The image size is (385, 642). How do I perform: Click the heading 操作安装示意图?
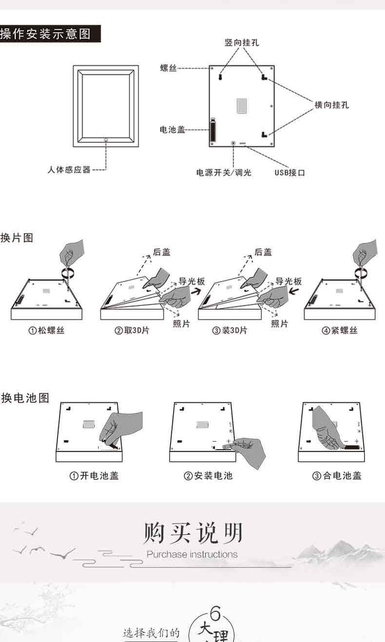tap(46, 35)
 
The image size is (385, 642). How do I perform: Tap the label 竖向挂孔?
tap(242, 43)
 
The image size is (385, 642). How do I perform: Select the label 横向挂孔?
tap(332, 105)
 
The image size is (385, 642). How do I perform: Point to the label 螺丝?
tap(168, 69)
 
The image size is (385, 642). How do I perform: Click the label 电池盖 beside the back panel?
tap(173, 130)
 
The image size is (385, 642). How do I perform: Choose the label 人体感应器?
tap(69, 170)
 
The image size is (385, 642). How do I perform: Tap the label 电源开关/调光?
tap(224, 172)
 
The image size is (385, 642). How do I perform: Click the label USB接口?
tap(289, 173)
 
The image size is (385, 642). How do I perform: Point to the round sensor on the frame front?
tap(106, 140)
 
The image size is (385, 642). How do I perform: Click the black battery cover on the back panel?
tap(212, 131)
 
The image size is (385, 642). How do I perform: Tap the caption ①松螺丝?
tap(46, 331)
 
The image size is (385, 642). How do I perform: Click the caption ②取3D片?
tap(132, 331)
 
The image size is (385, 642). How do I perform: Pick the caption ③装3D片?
tap(230, 331)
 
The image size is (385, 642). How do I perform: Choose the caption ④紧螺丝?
tap(340, 331)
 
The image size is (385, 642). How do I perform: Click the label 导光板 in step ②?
tap(192, 282)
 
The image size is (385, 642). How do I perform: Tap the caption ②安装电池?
tap(208, 475)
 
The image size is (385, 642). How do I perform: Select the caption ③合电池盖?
tap(337, 475)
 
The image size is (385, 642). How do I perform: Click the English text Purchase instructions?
tap(192, 554)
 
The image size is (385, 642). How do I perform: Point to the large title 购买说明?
tap(192, 533)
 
